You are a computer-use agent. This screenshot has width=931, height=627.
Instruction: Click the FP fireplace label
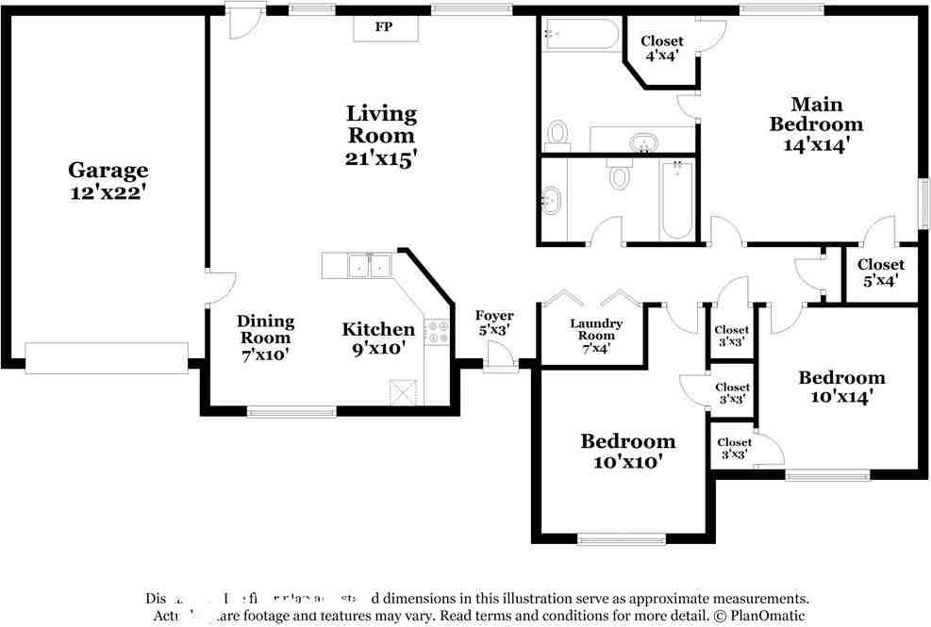(x=384, y=27)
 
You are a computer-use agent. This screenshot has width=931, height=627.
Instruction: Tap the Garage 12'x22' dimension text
(x=108, y=191)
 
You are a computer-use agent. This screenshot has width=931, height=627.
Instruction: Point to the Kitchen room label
(x=378, y=329)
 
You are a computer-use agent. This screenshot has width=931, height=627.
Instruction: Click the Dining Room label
(x=265, y=329)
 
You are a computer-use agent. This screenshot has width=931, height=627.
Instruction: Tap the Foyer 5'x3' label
(x=493, y=322)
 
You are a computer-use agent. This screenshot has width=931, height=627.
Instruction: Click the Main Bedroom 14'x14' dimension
(x=816, y=145)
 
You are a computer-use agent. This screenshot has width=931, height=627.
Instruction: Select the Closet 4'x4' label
(x=662, y=48)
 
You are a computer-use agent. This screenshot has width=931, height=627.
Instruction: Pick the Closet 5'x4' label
(x=880, y=272)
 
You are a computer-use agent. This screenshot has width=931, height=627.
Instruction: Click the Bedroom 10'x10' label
(x=627, y=451)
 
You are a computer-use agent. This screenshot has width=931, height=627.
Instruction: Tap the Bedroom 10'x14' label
(x=841, y=387)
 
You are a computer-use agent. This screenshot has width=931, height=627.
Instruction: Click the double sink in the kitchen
(x=370, y=267)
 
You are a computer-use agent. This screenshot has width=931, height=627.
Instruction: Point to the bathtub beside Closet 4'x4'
(x=579, y=35)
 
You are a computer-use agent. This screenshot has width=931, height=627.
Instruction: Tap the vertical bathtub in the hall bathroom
(x=676, y=199)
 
